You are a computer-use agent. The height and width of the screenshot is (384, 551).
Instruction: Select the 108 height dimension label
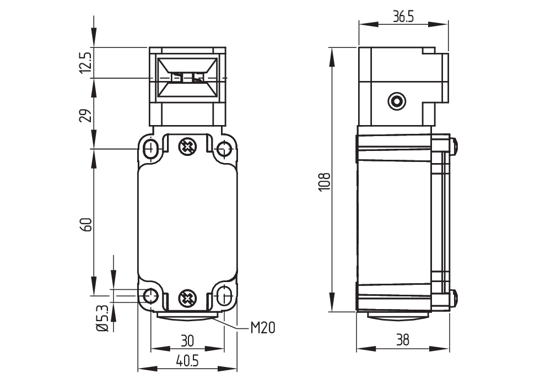click(x=325, y=182)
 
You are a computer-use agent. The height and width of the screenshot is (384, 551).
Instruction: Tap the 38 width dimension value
click(x=403, y=340)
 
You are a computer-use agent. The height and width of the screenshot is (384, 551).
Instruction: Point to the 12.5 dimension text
click(x=86, y=63)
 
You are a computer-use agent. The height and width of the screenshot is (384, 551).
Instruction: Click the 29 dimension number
click(x=86, y=115)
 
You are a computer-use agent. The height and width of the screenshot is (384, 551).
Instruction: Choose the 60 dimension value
click(x=86, y=224)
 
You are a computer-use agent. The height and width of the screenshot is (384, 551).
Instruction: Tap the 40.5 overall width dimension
click(x=187, y=361)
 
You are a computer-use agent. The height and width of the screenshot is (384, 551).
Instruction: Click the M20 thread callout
click(x=262, y=328)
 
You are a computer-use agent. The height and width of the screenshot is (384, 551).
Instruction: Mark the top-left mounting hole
click(x=151, y=149)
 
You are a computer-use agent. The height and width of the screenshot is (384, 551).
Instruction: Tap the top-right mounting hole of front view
click(x=223, y=150)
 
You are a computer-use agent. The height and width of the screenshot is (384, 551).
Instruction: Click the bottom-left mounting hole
click(x=151, y=296)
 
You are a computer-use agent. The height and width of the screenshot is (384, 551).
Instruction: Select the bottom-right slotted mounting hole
click(x=223, y=296)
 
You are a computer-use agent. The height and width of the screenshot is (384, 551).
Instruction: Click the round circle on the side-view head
click(x=397, y=101)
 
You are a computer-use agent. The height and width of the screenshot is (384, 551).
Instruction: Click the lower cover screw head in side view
click(x=453, y=297)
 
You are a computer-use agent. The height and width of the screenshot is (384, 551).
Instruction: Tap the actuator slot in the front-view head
click(x=187, y=78)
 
